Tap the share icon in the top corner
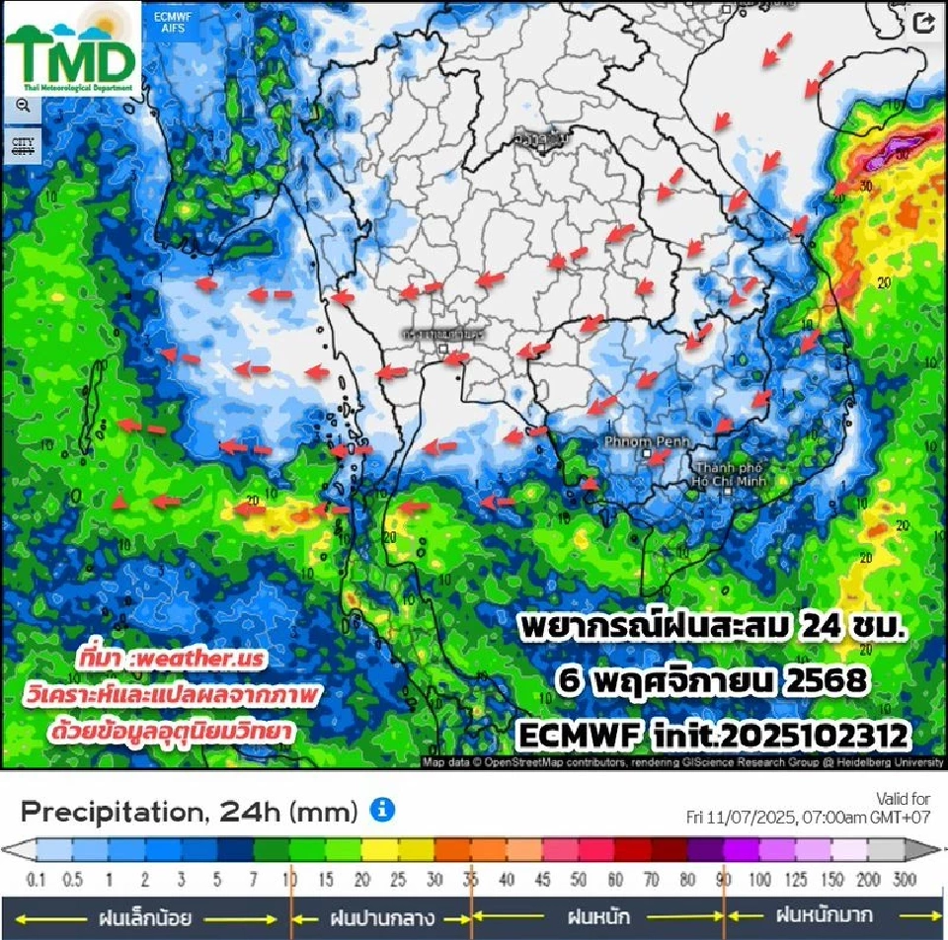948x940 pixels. tap(924, 25)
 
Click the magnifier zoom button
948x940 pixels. tap(22, 107)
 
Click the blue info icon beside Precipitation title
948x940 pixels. tap(382, 811)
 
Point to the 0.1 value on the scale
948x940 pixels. tap(38, 879)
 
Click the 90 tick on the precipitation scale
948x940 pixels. tap(725, 879)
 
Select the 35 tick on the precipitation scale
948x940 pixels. tap(472, 879)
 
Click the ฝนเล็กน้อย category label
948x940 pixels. tap(138, 917)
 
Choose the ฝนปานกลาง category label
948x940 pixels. tap(382, 917)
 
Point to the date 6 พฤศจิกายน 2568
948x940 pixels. tap(714, 682)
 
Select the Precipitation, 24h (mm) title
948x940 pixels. tap(189, 812)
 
